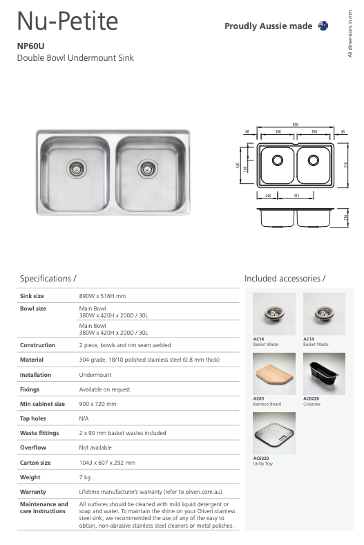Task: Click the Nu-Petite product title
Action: (x=68, y=22)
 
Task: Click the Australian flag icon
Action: (x=323, y=26)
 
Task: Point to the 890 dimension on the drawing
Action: (x=295, y=124)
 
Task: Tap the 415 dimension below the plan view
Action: (x=296, y=196)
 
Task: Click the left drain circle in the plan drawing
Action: (x=278, y=160)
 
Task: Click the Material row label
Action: (x=32, y=360)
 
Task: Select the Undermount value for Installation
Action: (x=95, y=374)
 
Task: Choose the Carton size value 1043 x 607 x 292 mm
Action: (x=107, y=462)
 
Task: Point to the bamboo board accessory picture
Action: (x=274, y=373)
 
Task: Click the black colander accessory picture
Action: (x=324, y=373)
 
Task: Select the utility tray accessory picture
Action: (x=274, y=433)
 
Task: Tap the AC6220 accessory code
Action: (x=312, y=399)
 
